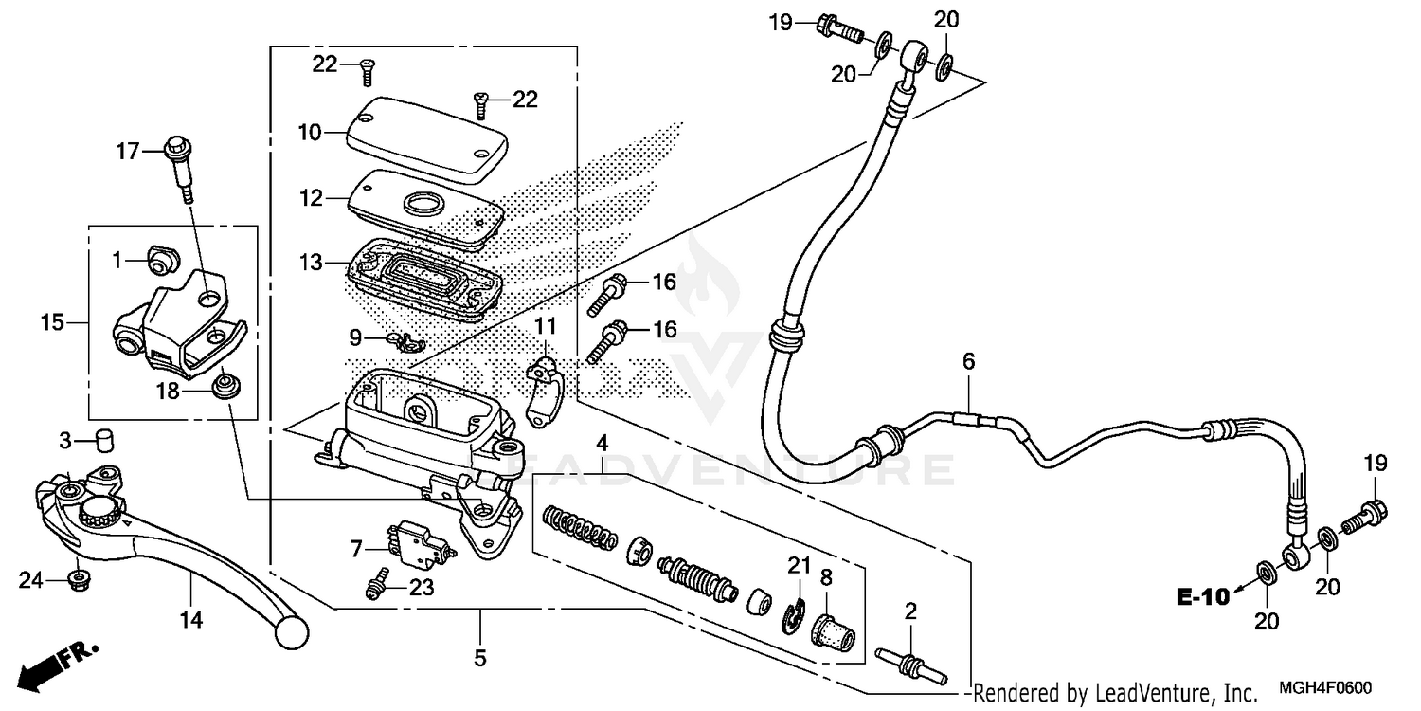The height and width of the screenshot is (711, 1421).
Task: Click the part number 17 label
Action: click(x=127, y=151)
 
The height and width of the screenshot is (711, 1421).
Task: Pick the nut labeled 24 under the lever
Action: click(x=80, y=577)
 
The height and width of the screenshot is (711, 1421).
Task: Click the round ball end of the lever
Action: click(x=292, y=627)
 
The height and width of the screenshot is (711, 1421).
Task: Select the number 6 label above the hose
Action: click(x=968, y=361)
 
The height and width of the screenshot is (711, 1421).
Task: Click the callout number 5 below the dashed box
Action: click(x=479, y=657)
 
